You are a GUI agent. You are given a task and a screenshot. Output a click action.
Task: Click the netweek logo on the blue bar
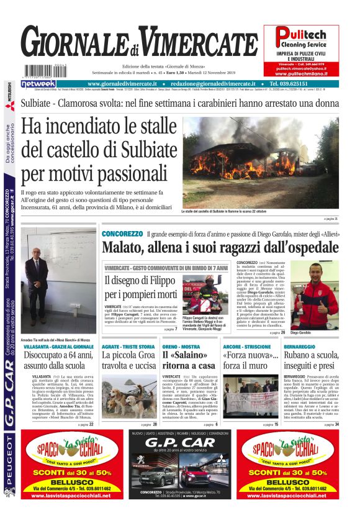point(38,84)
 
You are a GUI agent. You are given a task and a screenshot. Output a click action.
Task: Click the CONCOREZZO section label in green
point(122,234)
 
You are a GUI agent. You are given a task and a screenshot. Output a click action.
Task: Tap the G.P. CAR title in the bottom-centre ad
point(180,443)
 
